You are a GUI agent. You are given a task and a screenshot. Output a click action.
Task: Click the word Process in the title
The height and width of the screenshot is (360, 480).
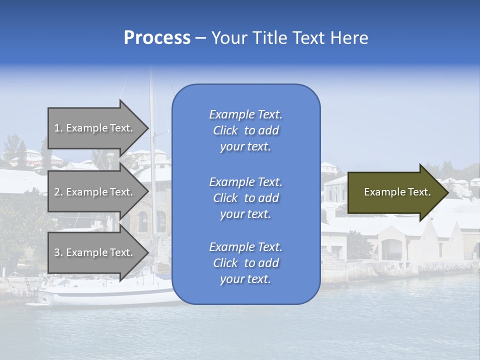tap(157, 38)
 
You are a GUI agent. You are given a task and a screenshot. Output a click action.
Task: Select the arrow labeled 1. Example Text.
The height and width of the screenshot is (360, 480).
tap(95, 128)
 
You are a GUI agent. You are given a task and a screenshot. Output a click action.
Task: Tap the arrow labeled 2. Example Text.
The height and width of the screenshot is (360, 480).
tap(95, 192)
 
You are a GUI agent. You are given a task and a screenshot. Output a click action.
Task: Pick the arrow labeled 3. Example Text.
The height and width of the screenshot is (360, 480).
tap(95, 252)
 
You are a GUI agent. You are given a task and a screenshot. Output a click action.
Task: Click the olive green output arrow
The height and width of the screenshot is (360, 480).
tap(395, 192)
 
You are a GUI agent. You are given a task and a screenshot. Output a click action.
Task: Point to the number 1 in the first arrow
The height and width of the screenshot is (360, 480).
tap(57, 128)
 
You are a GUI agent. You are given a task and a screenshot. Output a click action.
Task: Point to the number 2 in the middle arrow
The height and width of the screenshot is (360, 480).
tap(57, 192)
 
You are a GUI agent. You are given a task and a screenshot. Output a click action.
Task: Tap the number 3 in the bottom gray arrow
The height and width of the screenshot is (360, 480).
tap(57, 252)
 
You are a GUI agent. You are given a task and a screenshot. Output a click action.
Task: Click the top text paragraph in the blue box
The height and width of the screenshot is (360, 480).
tap(245, 130)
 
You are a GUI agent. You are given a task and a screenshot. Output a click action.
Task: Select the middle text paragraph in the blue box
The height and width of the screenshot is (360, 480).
tap(245, 198)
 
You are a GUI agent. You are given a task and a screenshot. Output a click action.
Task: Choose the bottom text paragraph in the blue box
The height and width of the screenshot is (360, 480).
tap(245, 263)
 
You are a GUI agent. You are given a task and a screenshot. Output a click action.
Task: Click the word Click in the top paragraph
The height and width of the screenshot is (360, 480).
tap(225, 130)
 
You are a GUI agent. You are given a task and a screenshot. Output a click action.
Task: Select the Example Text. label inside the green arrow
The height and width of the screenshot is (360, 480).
tap(397, 192)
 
